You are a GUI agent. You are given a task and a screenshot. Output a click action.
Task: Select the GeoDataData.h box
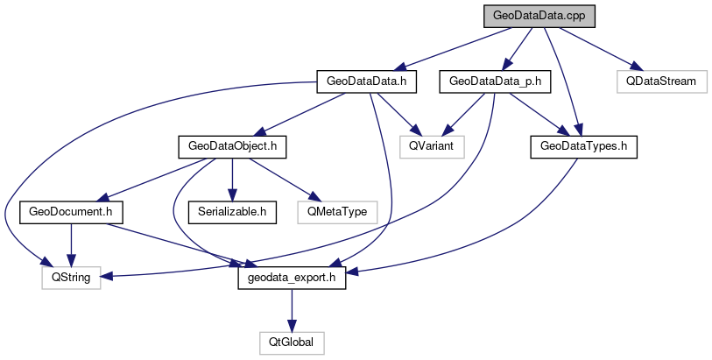[365, 81]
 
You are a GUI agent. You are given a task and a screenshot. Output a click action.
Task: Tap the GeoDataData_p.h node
[496, 81]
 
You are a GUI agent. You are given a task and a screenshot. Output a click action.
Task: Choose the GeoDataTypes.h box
[582, 145]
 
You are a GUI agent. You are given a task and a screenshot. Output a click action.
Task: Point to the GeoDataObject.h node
[232, 145]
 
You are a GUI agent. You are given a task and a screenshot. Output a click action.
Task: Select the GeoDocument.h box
[71, 211]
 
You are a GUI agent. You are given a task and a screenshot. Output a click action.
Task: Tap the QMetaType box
[337, 211]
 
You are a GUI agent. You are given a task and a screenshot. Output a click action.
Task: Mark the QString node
[71, 277]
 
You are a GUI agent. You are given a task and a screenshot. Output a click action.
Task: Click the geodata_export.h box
[293, 277]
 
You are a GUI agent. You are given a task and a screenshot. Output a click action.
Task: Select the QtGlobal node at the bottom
[293, 342]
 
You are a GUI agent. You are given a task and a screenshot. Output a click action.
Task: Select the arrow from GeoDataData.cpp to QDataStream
[596, 46]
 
